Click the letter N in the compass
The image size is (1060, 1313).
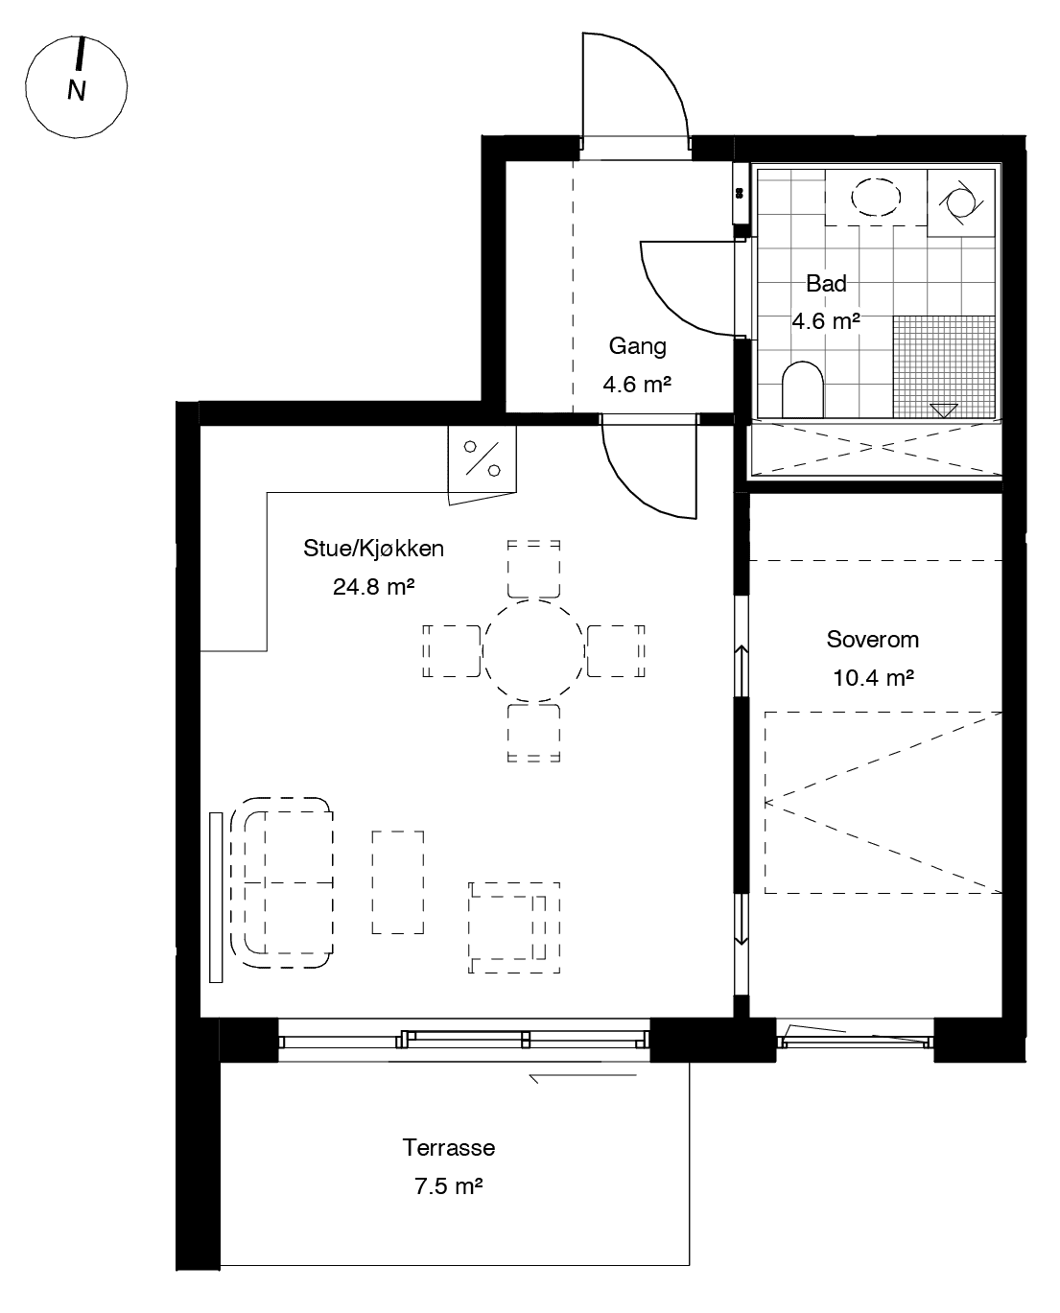click(77, 91)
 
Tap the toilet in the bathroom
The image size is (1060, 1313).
click(803, 388)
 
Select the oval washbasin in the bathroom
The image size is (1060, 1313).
click(876, 198)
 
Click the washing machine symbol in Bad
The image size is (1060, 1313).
click(960, 201)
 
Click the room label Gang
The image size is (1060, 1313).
click(637, 346)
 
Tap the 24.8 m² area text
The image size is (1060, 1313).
click(373, 586)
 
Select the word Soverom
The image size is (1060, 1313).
click(872, 640)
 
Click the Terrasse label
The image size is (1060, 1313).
click(449, 1148)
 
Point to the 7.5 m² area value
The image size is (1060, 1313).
click(448, 1186)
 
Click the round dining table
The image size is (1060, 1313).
click(533, 650)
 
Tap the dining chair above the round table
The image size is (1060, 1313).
click(533, 569)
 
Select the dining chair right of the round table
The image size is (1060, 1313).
click(615, 650)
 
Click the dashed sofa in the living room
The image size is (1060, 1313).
click(287, 880)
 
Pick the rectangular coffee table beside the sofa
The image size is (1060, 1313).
click(398, 881)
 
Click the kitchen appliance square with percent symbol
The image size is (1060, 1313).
click(482, 458)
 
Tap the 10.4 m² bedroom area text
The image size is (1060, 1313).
click(872, 678)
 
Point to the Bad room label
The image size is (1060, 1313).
click(826, 284)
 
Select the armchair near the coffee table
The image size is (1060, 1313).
click(513, 927)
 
